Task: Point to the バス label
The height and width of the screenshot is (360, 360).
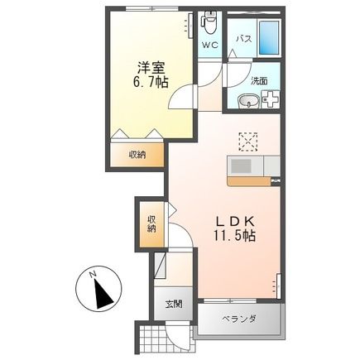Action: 245,39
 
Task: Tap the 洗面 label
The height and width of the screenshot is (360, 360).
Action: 258,80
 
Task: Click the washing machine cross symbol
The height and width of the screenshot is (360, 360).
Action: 271,102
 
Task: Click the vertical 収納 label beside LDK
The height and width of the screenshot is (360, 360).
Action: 151,223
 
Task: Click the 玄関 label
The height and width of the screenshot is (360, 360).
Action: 171,304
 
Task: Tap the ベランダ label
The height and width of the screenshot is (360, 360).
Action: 240,319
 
